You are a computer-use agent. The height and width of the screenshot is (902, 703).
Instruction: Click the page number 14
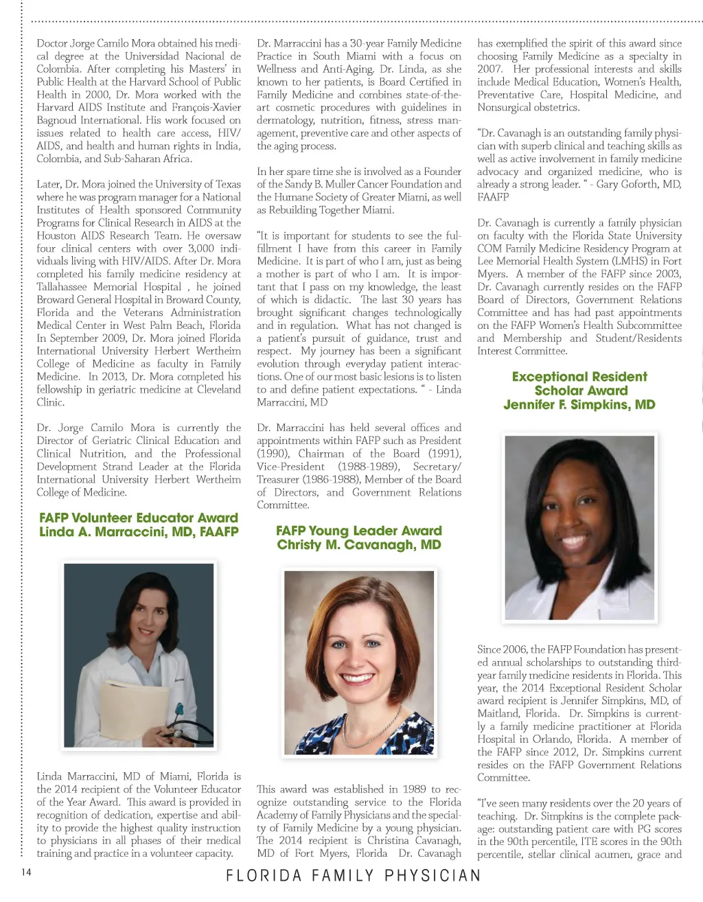point(26,872)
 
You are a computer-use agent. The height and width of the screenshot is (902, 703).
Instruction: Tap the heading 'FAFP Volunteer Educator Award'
point(139,518)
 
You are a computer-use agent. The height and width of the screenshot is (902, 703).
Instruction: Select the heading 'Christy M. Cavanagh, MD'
point(359,545)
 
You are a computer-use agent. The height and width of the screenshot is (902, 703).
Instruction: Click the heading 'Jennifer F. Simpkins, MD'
point(579,404)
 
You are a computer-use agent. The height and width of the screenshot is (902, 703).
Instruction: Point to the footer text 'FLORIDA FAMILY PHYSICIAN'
point(354,876)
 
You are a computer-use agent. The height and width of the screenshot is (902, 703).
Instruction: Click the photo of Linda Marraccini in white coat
point(139,655)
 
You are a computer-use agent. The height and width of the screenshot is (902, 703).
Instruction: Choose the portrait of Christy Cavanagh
point(359,662)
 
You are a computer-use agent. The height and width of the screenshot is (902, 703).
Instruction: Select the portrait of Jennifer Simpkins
point(579,528)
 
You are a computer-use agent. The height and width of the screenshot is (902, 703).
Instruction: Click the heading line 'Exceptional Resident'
point(579,376)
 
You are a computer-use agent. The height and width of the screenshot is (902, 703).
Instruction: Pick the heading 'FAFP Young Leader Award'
point(359,531)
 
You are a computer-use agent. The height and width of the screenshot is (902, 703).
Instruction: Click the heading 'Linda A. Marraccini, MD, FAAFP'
point(139,532)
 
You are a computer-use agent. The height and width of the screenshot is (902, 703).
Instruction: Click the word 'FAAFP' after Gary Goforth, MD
point(494,197)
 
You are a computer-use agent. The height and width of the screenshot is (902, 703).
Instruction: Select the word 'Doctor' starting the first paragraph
point(53,43)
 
